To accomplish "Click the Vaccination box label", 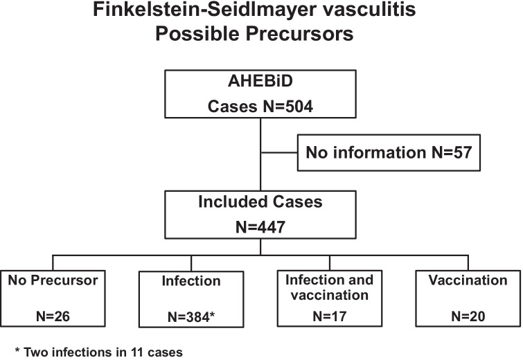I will tap(469, 280).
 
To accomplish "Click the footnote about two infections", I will tap(98, 352).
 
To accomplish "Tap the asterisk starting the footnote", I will tap(17, 351).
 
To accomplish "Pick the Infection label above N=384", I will tap(190, 282).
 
